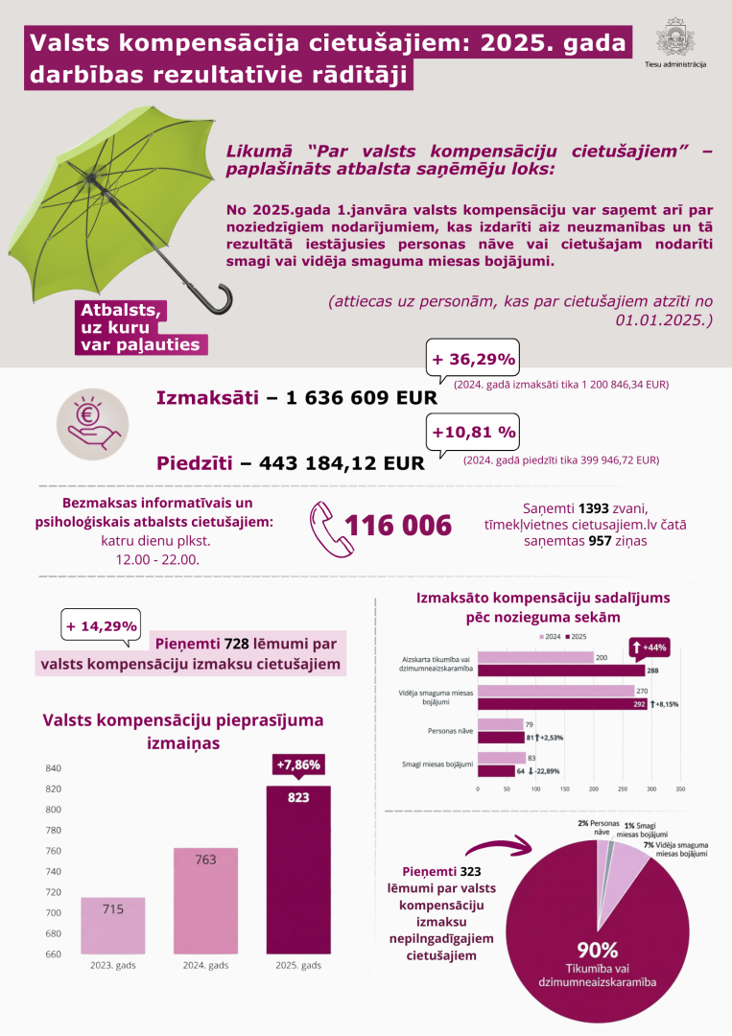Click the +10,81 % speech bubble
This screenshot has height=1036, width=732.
473,432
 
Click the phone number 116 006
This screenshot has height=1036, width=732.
398,526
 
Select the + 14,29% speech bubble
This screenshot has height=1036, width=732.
100,626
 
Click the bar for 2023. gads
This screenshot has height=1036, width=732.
113,926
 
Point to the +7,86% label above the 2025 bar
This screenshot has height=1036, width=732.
298,765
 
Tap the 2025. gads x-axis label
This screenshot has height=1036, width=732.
298,965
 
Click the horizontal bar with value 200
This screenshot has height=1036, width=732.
535,657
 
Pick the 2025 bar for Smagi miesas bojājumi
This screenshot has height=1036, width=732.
495,770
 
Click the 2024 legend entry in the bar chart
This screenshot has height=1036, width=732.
552,637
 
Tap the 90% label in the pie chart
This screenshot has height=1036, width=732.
597,950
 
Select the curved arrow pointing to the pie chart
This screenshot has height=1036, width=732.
498,848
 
